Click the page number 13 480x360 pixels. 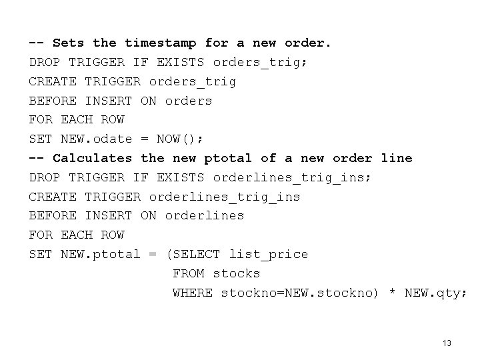pos(447,343)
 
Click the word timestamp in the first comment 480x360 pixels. pos(161,43)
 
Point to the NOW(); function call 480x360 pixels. pos(180,139)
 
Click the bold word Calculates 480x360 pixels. pos(92,158)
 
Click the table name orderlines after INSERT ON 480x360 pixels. pos(204,216)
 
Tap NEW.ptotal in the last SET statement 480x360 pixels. pos(101,254)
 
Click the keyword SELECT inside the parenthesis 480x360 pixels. pos(196,254)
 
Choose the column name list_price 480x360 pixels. pos(268,254)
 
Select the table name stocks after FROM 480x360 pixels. pos(236,273)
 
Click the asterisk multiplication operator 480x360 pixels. pos(392,293)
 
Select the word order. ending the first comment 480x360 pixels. pos(308,43)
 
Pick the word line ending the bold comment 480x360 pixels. pos(397,158)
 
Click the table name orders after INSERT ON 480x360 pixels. pos(188,101)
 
